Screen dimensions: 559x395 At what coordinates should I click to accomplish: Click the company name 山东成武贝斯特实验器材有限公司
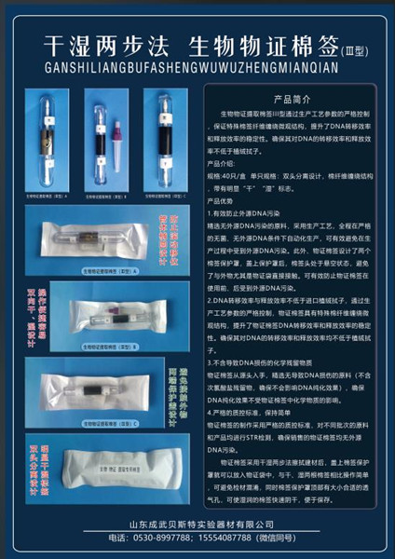197,524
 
